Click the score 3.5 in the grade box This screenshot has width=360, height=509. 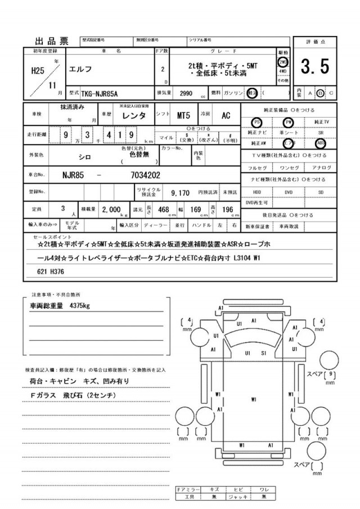coord(314,67)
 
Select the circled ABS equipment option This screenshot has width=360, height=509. coord(321,143)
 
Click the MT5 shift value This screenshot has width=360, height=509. coord(183,115)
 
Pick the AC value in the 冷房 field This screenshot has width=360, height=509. coord(226,115)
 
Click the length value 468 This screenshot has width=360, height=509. coord(164,209)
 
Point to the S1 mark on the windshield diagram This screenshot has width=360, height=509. coord(263,353)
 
